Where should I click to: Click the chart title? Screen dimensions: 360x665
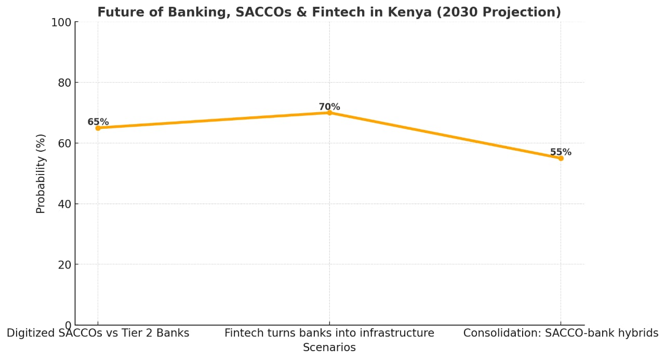click(x=329, y=12)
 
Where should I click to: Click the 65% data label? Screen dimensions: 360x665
click(x=98, y=122)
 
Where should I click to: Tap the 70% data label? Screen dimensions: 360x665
click(x=329, y=107)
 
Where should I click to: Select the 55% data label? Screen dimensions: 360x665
click(x=561, y=152)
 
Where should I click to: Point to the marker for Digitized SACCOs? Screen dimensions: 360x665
click(x=98, y=128)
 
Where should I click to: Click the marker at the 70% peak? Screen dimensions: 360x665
click(x=329, y=113)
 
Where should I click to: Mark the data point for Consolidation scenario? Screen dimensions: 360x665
click(x=561, y=158)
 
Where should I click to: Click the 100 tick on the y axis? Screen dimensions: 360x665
click(x=62, y=22)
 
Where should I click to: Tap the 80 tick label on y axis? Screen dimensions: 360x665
click(x=64, y=83)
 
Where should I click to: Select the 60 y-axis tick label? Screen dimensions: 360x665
click(x=64, y=143)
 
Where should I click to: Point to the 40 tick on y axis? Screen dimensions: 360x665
click(x=64, y=204)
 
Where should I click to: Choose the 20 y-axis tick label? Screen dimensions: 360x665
click(x=64, y=264)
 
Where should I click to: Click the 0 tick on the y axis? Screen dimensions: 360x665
click(x=68, y=325)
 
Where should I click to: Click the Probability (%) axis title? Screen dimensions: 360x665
click(x=41, y=174)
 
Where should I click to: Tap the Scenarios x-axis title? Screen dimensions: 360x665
click(x=329, y=348)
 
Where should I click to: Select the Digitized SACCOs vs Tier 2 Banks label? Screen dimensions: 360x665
click(x=98, y=333)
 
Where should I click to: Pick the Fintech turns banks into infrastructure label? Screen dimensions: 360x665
click(x=329, y=333)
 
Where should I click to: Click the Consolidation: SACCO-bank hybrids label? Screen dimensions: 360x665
click(x=561, y=333)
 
